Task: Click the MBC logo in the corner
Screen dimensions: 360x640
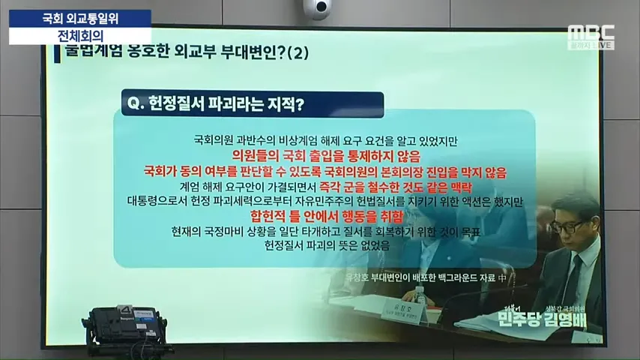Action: click(591, 33)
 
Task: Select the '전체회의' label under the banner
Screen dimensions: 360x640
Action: click(80, 34)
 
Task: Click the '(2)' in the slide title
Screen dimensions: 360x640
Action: click(298, 53)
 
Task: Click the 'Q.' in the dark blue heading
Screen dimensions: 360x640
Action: click(136, 104)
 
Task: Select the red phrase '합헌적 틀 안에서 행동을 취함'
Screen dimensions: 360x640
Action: click(315, 216)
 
